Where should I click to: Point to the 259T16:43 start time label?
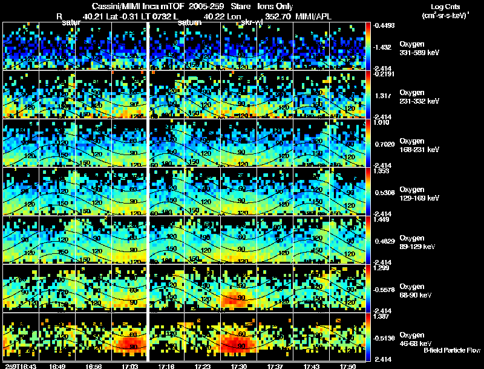[x=19, y=366]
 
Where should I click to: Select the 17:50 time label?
[x=347, y=366]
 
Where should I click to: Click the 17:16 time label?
[x=166, y=366]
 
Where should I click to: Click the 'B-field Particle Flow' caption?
[x=452, y=350]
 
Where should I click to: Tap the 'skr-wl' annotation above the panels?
[x=250, y=22]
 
